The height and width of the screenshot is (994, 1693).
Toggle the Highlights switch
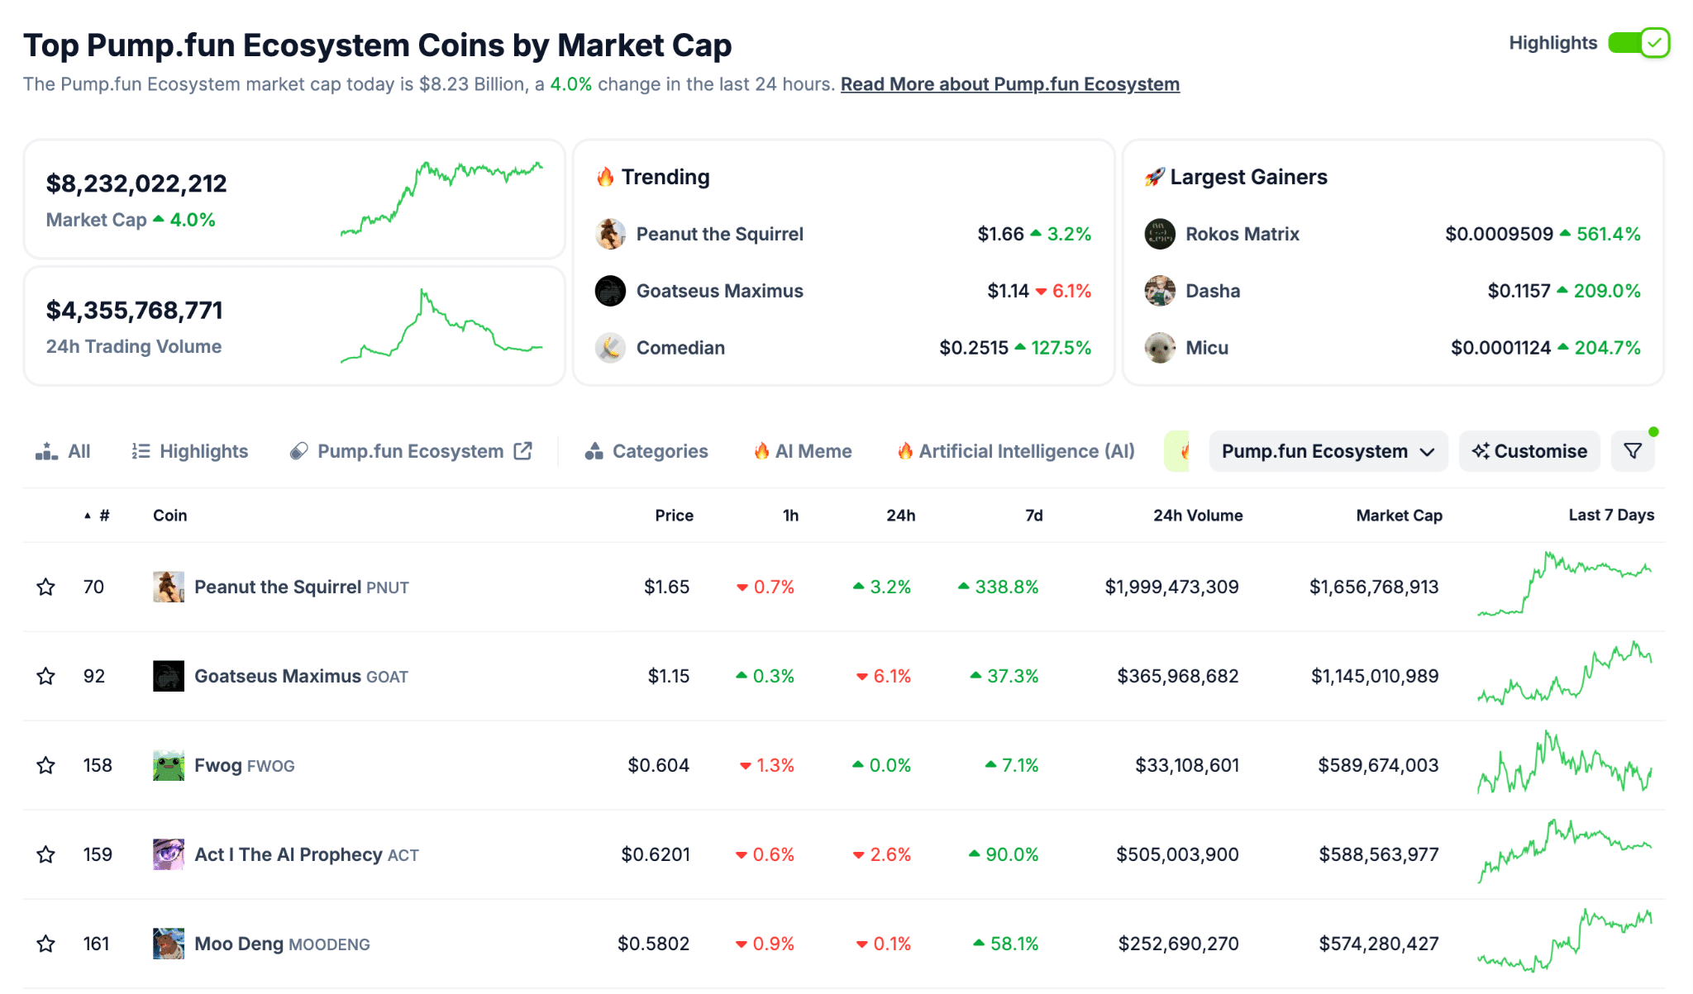click(x=1638, y=43)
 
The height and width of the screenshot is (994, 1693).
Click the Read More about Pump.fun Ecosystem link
click(x=1009, y=84)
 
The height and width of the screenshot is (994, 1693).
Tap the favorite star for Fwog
click(x=46, y=765)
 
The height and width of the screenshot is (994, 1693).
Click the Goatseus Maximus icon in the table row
click(x=169, y=676)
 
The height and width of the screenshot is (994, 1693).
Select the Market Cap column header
click(x=1399, y=516)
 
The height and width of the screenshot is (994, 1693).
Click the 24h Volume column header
click(x=1197, y=516)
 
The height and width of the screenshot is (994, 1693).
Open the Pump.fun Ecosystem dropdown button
click(x=1327, y=451)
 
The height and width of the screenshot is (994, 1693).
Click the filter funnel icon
click(x=1633, y=451)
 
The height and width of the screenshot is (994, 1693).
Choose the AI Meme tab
click(x=803, y=451)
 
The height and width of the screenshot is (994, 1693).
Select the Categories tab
click(x=646, y=451)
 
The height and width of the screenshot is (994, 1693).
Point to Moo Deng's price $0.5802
click(x=653, y=944)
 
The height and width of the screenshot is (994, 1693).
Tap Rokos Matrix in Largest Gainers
click(x=1242, y=234)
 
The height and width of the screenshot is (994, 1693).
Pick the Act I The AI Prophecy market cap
click(x=1378, y=854)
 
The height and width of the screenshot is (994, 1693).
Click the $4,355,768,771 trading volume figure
click(x=135, y=311)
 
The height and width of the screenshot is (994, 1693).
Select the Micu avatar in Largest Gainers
click(x=1160, y=348)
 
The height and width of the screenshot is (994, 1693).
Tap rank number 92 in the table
click(x=94, y=676)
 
